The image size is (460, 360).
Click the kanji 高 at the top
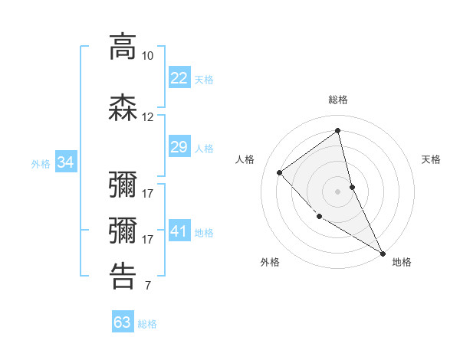[123, 47]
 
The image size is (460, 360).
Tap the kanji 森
[123, 107]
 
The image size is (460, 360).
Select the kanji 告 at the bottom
[123, 277]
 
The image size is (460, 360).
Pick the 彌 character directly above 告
[123, 230]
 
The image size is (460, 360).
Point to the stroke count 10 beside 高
[147, 56]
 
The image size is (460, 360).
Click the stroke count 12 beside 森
[147, 117]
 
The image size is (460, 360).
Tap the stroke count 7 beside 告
[147, 286]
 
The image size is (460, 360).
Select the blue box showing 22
[179, 78]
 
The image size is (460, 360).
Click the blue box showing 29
[179, 147]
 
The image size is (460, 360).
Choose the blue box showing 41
[179, 231]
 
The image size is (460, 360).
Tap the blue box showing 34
[65, 162]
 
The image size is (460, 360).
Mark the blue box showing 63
[122, 322]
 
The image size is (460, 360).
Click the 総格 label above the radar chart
[338, 100]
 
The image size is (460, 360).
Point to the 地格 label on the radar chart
[402, 262]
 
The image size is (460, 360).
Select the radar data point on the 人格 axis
[280, 173]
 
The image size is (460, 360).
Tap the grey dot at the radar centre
[338, 191]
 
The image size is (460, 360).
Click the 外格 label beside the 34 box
[41, 163]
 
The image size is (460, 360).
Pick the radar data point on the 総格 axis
[338, 130]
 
